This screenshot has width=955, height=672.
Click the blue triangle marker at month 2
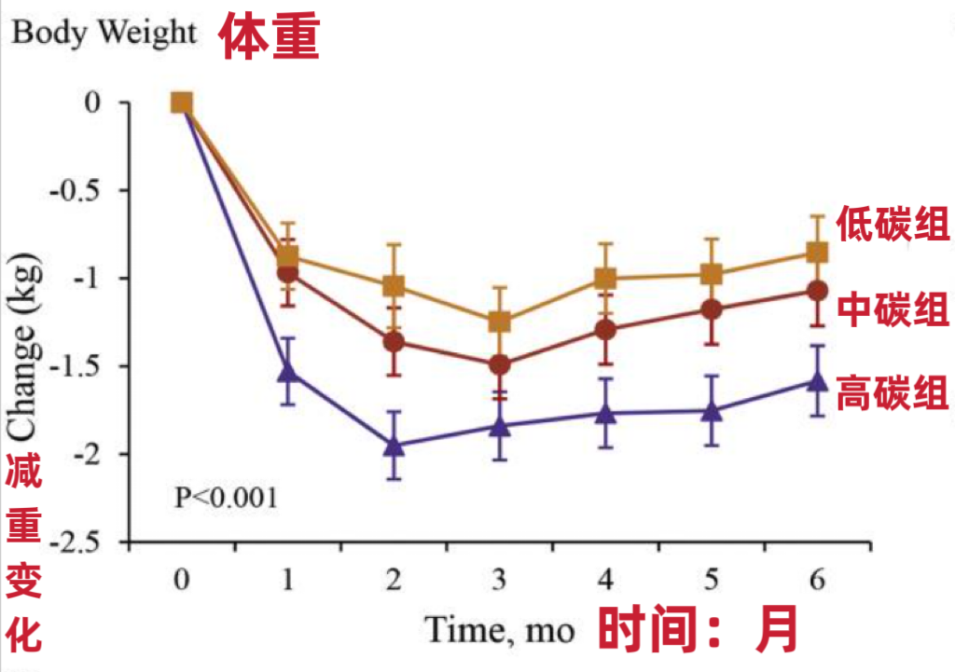tap(394, 445)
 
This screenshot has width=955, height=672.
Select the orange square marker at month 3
tap(500, 322)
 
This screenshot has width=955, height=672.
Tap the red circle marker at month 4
tap(605, 329)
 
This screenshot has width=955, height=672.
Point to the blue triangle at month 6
tap(817, 380)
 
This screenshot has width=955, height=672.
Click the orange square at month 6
tap(817, 253)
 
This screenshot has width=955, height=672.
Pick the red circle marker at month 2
tap(394, 341)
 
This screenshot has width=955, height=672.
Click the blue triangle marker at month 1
tap(288, 372)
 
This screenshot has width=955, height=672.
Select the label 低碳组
tap(893, 224)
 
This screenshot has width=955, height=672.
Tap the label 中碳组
tap(893, 309)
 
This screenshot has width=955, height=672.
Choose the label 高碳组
tap(893, 392)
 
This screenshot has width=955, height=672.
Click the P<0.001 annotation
tap(226, 497)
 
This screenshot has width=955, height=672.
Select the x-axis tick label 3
tap(500, 581)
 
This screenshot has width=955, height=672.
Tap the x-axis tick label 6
tap(817, 581)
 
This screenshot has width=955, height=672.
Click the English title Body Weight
tap(104, 34)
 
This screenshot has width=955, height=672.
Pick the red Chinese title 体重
tap(269, 37)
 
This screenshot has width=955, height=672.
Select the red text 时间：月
tap(699, 629)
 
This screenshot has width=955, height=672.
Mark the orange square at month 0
tap(182, 103)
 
